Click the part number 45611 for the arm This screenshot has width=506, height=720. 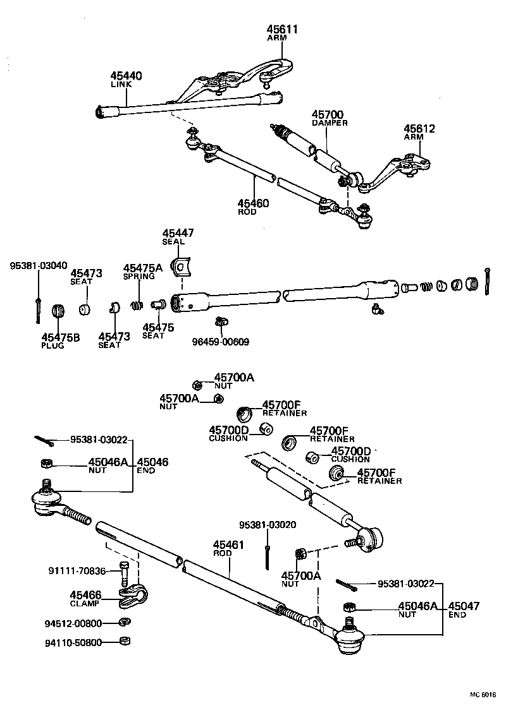pos(281,29)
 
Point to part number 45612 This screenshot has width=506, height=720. pos(420,128)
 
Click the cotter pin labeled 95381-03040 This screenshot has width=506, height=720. pos(39,309)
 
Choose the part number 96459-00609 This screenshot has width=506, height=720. pos(220,342)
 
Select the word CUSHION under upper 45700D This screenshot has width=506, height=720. pos(227,438)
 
